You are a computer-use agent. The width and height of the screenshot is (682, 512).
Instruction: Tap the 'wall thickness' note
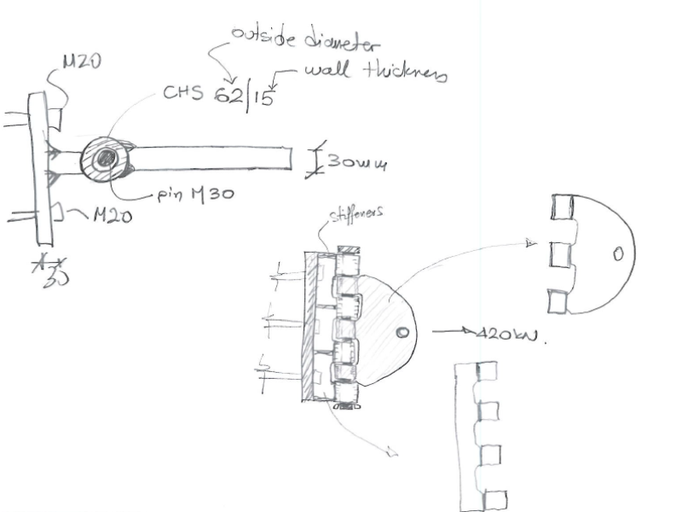pyautogui.click(x=375, y=74)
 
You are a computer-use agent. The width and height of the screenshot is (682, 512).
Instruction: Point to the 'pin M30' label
pyautogui.click(x=197, y=195)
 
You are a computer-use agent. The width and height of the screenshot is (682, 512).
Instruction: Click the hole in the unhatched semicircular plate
pyautogui.click(x=618, y=253)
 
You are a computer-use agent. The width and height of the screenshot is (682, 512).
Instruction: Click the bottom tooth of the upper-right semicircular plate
pyautogui.click(x=559, y=301)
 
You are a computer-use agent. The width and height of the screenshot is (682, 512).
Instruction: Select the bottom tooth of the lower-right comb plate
pyautogui.click(x=495, y=499)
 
